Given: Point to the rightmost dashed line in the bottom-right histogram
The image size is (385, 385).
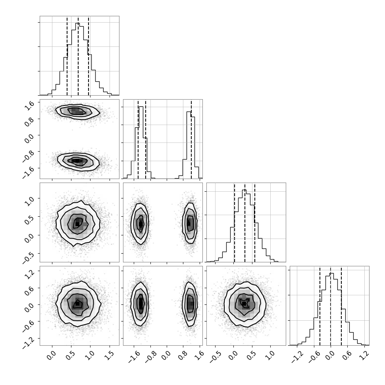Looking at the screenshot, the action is pyautogui.click(x=341, y=306).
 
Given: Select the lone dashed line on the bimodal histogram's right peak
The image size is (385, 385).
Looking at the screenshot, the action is pyautogui.click(x=191, y=139).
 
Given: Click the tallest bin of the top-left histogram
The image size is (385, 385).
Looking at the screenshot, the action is pyautogui.click(x=77, y=59).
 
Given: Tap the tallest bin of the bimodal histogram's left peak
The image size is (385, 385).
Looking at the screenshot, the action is pyautogui.click(x=141, y=142).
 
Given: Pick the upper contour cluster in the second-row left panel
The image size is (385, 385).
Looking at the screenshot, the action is pyautogui.click(x=77, y=112).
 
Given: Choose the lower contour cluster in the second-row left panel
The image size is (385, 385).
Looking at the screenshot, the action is pyautogui.click(x=78, y=161).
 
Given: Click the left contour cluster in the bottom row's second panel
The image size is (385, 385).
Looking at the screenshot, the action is pyautogui.click(x=140, y=304).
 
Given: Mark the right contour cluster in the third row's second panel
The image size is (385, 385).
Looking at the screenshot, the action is pyautogui.click(x=190, y=223).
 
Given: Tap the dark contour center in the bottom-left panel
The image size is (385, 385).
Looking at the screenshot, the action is pyautogui.click(x=77, y=304).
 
